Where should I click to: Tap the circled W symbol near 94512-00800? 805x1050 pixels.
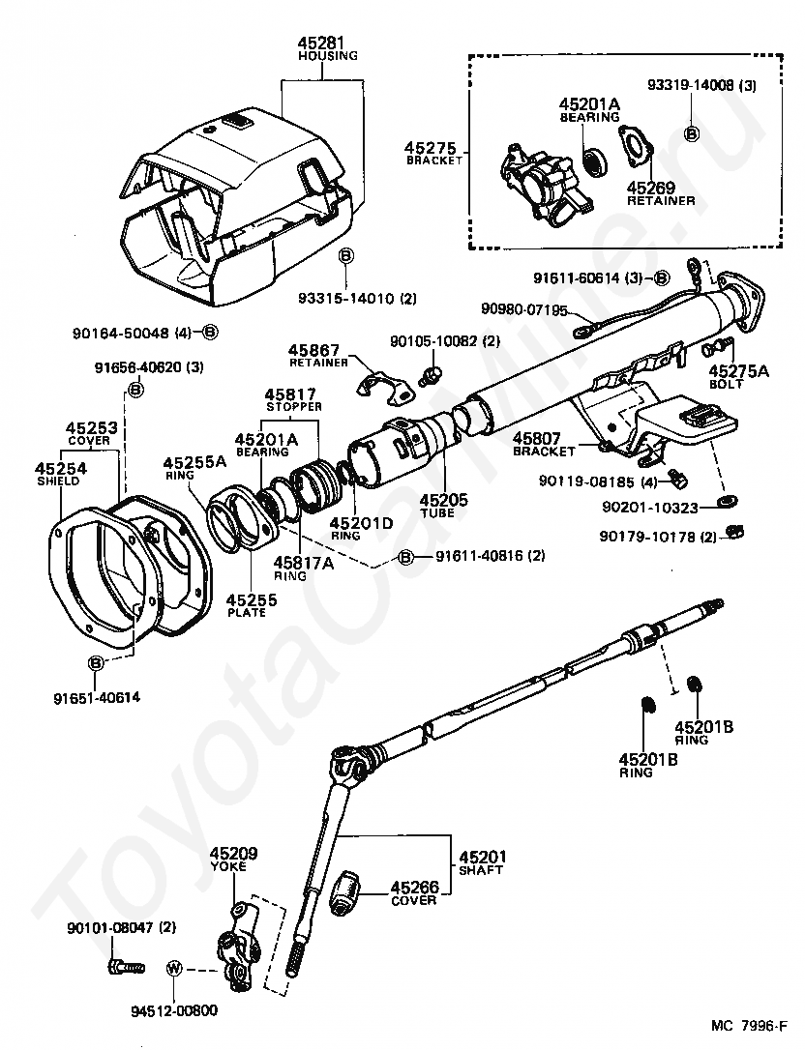(174, 968)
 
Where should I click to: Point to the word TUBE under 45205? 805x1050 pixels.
(443, 512)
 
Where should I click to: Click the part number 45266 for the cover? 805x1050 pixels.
(414, 887)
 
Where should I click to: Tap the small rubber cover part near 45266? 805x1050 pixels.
(346, 891)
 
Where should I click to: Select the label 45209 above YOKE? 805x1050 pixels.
(234, 853)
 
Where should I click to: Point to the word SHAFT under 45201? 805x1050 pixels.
(482, 870)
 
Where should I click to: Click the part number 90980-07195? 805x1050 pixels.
(523, 309)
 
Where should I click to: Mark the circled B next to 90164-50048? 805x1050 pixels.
(210, 332)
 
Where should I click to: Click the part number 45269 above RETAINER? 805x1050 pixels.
(651, 188)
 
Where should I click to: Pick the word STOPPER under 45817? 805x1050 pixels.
(294, 406)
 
